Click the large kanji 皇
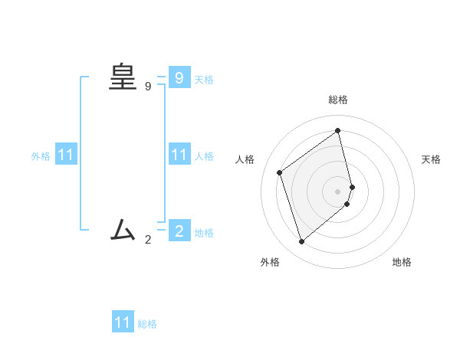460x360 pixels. coord(123,77)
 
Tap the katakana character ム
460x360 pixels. coord(123,229)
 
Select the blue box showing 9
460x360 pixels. coord(179,77)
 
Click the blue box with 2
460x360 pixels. coord(179,230)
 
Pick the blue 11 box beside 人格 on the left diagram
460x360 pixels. coord(179,155)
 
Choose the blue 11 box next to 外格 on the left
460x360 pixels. coord(66,155)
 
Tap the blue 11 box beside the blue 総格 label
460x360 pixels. coord(123,322)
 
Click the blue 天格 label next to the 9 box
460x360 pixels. coord(204,80)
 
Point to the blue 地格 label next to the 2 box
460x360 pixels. coord(204,233)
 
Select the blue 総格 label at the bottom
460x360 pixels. coord(147,324)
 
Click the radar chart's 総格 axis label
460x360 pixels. coord(338,100)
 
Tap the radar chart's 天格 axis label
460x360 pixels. coord(431,159)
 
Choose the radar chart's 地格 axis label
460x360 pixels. coord(402,262)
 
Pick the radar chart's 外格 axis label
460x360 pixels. coord(270,262)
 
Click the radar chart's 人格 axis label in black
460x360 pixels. coord(245,159)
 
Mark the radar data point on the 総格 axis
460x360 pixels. coord(338,130)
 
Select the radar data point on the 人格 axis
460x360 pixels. coord(280,172)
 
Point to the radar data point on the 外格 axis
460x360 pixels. coord(301,242)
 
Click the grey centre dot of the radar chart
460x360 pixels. coord(338,191)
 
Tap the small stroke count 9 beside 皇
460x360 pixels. coord(148,87)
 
